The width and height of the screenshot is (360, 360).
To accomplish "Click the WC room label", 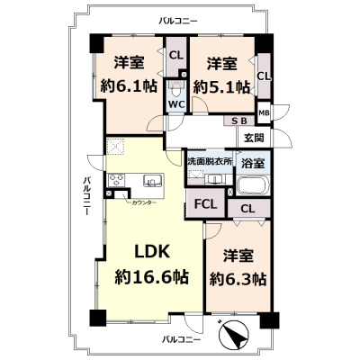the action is point(176,104).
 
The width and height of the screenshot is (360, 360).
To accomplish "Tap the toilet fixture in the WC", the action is point(176,88).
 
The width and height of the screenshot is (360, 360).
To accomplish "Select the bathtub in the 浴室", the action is point(254,185).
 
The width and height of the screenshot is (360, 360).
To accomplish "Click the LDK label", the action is point(152,251).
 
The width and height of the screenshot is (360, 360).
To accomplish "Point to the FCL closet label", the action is point(205,204).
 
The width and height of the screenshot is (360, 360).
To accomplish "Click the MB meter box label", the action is point(264,113).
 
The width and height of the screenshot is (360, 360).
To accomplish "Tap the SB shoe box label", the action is point(239,121).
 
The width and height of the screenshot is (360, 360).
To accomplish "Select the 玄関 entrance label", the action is point(254,138).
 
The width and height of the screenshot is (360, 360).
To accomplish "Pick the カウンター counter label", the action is point(144,202).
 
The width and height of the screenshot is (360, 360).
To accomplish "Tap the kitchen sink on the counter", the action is point(153,181).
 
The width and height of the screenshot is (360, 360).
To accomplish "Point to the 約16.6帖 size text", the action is point(152,277).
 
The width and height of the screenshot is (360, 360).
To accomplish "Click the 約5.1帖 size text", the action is point(221,87).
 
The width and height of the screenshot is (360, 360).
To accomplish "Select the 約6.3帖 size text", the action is point(238,279).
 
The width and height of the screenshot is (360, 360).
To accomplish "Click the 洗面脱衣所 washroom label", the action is point(210,161).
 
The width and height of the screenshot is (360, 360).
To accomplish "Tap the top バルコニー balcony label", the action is point(178,22).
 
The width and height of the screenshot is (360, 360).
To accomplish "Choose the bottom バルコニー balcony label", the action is point(181,340).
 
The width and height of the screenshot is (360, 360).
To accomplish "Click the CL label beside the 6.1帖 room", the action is point(176,55).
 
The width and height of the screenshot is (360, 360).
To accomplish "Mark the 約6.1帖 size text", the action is point(129,87).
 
